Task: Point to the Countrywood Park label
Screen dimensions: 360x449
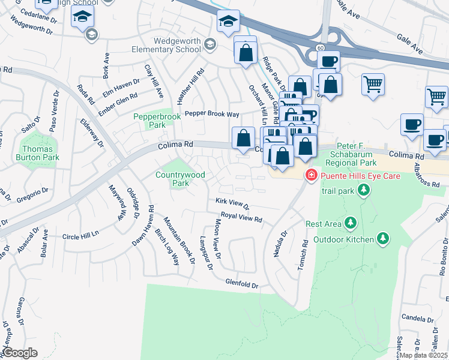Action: click(180, 179)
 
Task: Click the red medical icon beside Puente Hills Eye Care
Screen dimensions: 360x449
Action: click(311, 176)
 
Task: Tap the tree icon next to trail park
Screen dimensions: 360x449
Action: click(363, 191)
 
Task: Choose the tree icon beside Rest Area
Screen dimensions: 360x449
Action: click(350, 224)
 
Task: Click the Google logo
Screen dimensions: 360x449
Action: click(20, 353)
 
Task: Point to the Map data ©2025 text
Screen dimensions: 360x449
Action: click(424, 355)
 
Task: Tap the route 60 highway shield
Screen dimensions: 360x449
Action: click(321, 47)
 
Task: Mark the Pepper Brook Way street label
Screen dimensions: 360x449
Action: click(212, 113)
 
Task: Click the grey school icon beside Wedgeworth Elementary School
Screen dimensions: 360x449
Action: click(209, 43)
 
